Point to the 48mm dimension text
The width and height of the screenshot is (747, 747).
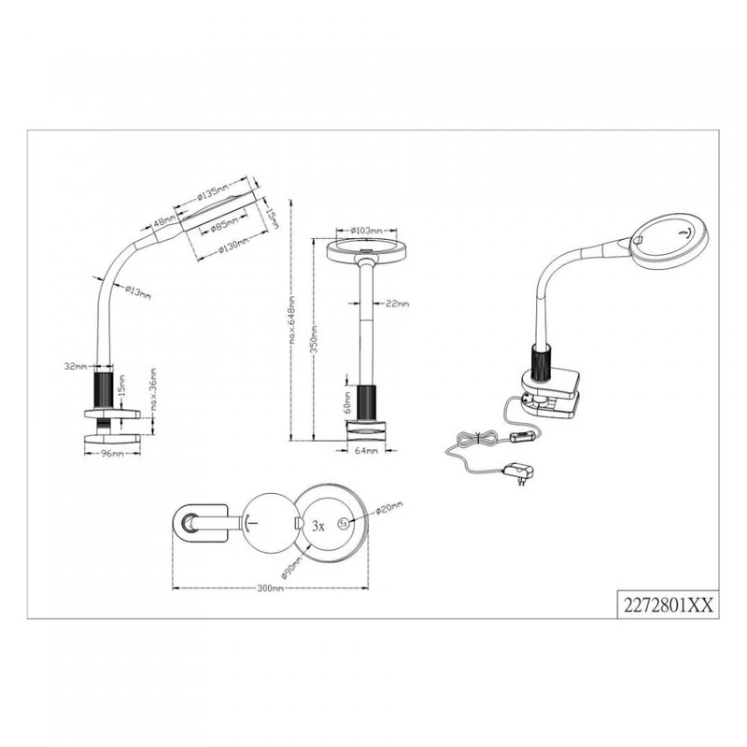click(x=165, y=222)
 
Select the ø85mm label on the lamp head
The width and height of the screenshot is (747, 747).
click(x=222, y=225)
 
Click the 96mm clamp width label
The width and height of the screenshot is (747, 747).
click(x=112, y=453)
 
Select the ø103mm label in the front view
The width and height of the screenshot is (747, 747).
click(x=364, y=231)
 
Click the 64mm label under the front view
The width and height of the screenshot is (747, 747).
click(x=367, y=452)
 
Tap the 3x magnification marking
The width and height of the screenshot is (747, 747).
click(x=317, y=527)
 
